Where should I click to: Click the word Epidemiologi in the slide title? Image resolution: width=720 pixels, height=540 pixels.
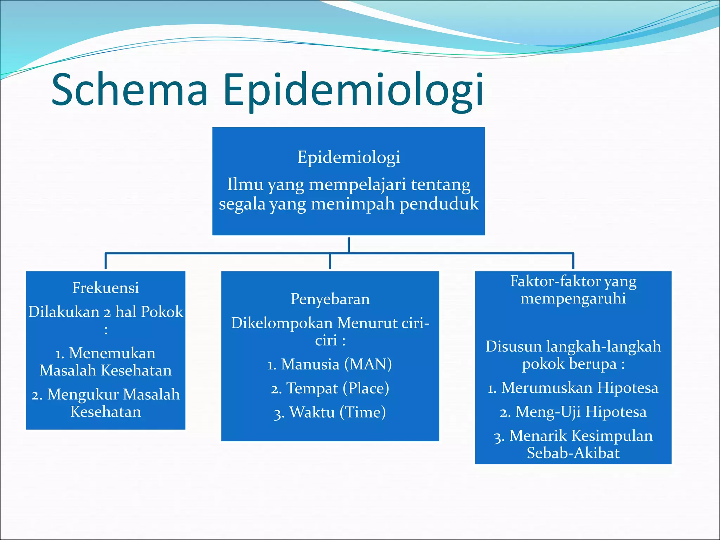click(353, 90)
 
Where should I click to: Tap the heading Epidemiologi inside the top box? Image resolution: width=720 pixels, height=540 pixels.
click(348, 157)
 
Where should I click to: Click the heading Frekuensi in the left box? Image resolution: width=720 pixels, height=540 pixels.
click(105, 288)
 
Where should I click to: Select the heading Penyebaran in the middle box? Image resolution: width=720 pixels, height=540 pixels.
click(330, 299)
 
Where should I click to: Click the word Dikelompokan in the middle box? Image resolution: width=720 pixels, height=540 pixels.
click(282, 323)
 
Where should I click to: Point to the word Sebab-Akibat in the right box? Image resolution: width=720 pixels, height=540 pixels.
click(573, 453)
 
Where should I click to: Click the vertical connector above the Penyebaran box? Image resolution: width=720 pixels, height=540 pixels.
click(330, 261)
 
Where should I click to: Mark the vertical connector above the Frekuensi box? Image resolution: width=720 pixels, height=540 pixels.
click(105, 261)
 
